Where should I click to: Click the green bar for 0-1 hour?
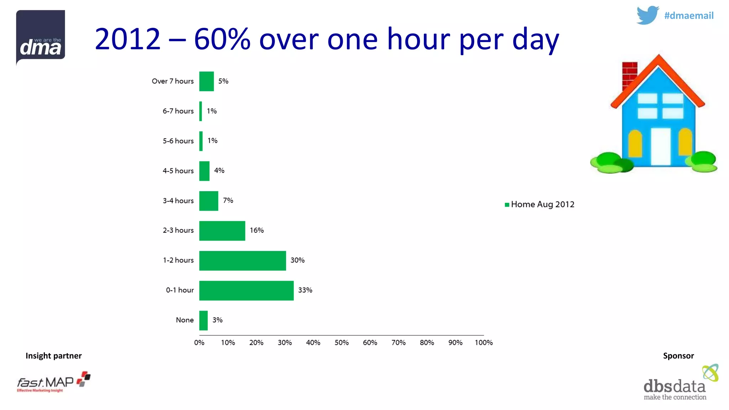tap(246, 290)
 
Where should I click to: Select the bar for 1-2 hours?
tap(242, 261)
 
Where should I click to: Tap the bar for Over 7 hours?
tap(206, 81)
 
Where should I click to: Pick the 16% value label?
tap(257, 230)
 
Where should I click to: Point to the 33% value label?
tap(305, 290)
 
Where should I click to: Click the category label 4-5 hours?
tap(178, 171)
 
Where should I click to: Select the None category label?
tap(185, 320)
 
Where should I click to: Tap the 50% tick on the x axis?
tap(341, 342)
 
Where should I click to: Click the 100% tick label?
tap(483, 342)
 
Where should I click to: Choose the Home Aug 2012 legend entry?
tap(539, 204)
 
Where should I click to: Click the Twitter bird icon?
tap(647, 15)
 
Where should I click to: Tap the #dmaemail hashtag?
tap(688, 16)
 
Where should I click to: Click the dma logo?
tap(41, 37)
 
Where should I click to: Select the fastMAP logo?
tap(53, 382)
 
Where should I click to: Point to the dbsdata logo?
tap(680, 384)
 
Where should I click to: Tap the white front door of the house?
tap(660, 147)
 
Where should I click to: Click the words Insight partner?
tap(53, 356)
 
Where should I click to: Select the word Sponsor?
tap(678, 356)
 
